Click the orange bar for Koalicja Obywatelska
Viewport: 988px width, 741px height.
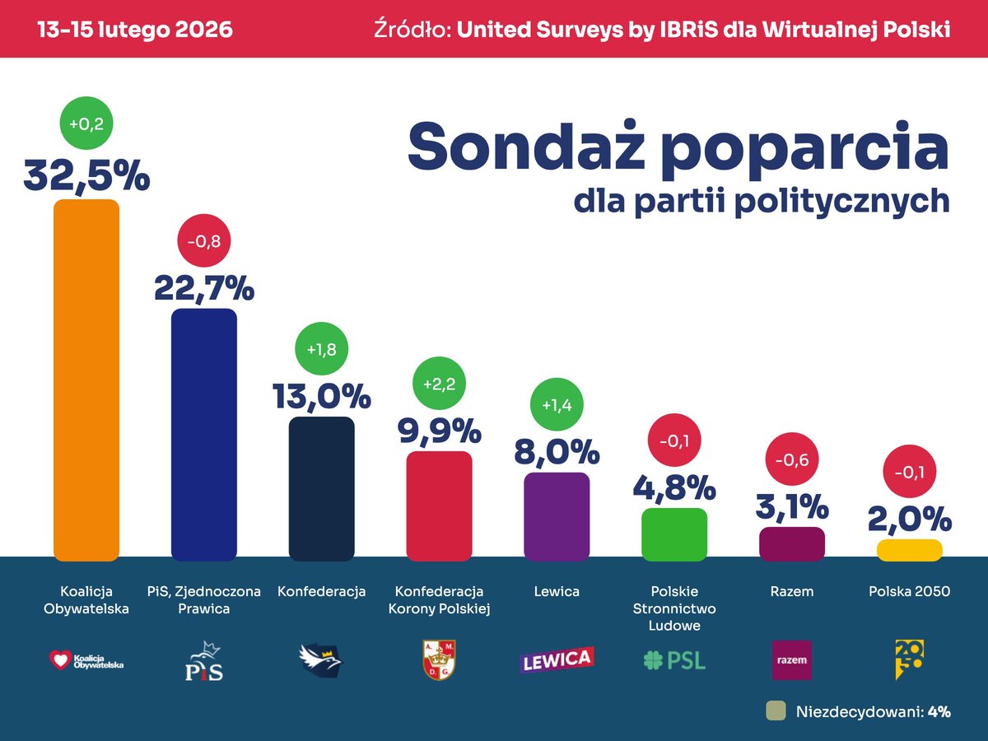[86, 379]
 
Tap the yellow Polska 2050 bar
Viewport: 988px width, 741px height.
[909, 550]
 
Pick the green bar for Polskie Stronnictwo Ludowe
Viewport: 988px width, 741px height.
[674, 534]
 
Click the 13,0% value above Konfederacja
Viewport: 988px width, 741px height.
[321, 397]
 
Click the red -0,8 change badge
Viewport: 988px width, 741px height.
[204, 242]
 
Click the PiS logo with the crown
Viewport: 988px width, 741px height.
[203, 659]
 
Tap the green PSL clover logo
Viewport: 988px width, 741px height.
[674, 659]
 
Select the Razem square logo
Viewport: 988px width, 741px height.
[791, 659]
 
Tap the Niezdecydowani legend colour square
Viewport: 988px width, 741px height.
[775, 711]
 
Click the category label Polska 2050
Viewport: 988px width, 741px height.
[909, 591]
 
